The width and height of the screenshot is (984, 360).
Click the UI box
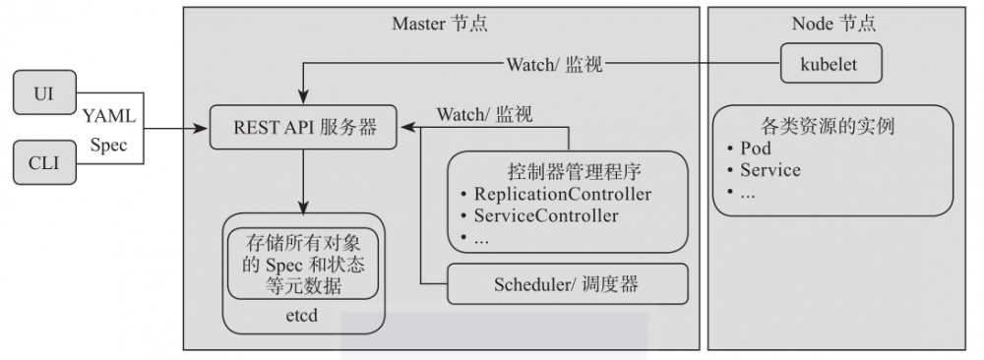click(44, 94)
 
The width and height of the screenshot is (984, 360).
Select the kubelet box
click(831, 65)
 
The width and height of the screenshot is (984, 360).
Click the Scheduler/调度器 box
click(566, 285)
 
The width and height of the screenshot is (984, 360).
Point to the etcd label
click(302, 318)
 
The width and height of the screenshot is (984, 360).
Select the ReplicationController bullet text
click(562, 194)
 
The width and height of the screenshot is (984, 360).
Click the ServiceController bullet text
click(546, 215)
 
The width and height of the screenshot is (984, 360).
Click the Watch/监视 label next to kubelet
click(554, 65)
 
